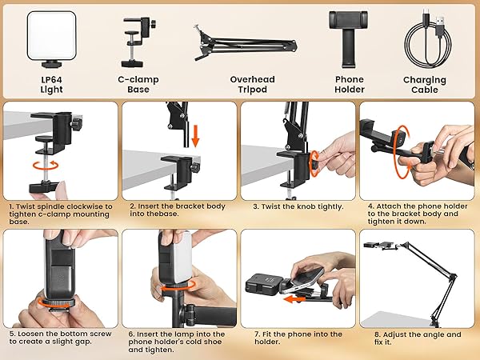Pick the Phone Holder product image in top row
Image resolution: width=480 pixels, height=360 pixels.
click(349, 39)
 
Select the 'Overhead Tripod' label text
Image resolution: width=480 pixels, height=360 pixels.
click(252, 85)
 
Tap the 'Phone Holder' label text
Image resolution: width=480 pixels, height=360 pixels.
click(350, 85)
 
